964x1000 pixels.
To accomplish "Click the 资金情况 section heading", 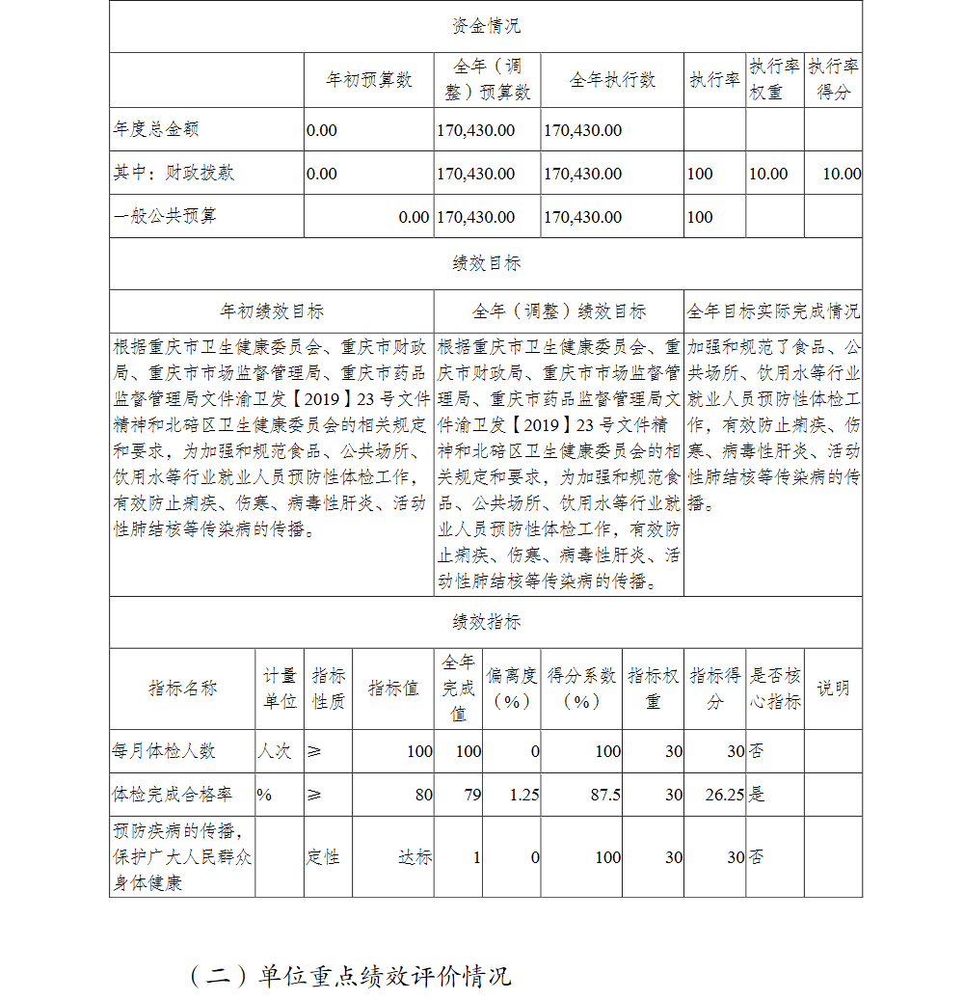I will (x=486, y=26).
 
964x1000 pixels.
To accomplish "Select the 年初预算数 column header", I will (x=369, y=80).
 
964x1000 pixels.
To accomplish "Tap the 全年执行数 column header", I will (x=612, y=80).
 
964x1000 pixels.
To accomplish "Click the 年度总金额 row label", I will (x=156, y=129).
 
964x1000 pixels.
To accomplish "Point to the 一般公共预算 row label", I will (x=165, y=216).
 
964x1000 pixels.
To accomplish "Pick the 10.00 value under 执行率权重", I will (x=768, y=174).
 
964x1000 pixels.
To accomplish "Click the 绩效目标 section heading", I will (x=486, y=263).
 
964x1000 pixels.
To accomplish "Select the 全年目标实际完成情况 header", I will (x=773, y=311).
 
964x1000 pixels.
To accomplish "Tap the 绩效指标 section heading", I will (x=486, y=622).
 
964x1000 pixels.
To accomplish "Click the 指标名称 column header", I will (x=182, y=689).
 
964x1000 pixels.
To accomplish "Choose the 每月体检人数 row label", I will (x=165, y=750).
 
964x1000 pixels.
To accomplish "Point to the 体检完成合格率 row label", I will (x=173, y=795).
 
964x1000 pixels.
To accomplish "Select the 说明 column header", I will (x=833, y=689).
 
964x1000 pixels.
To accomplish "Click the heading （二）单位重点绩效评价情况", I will (x=350, y=975).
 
